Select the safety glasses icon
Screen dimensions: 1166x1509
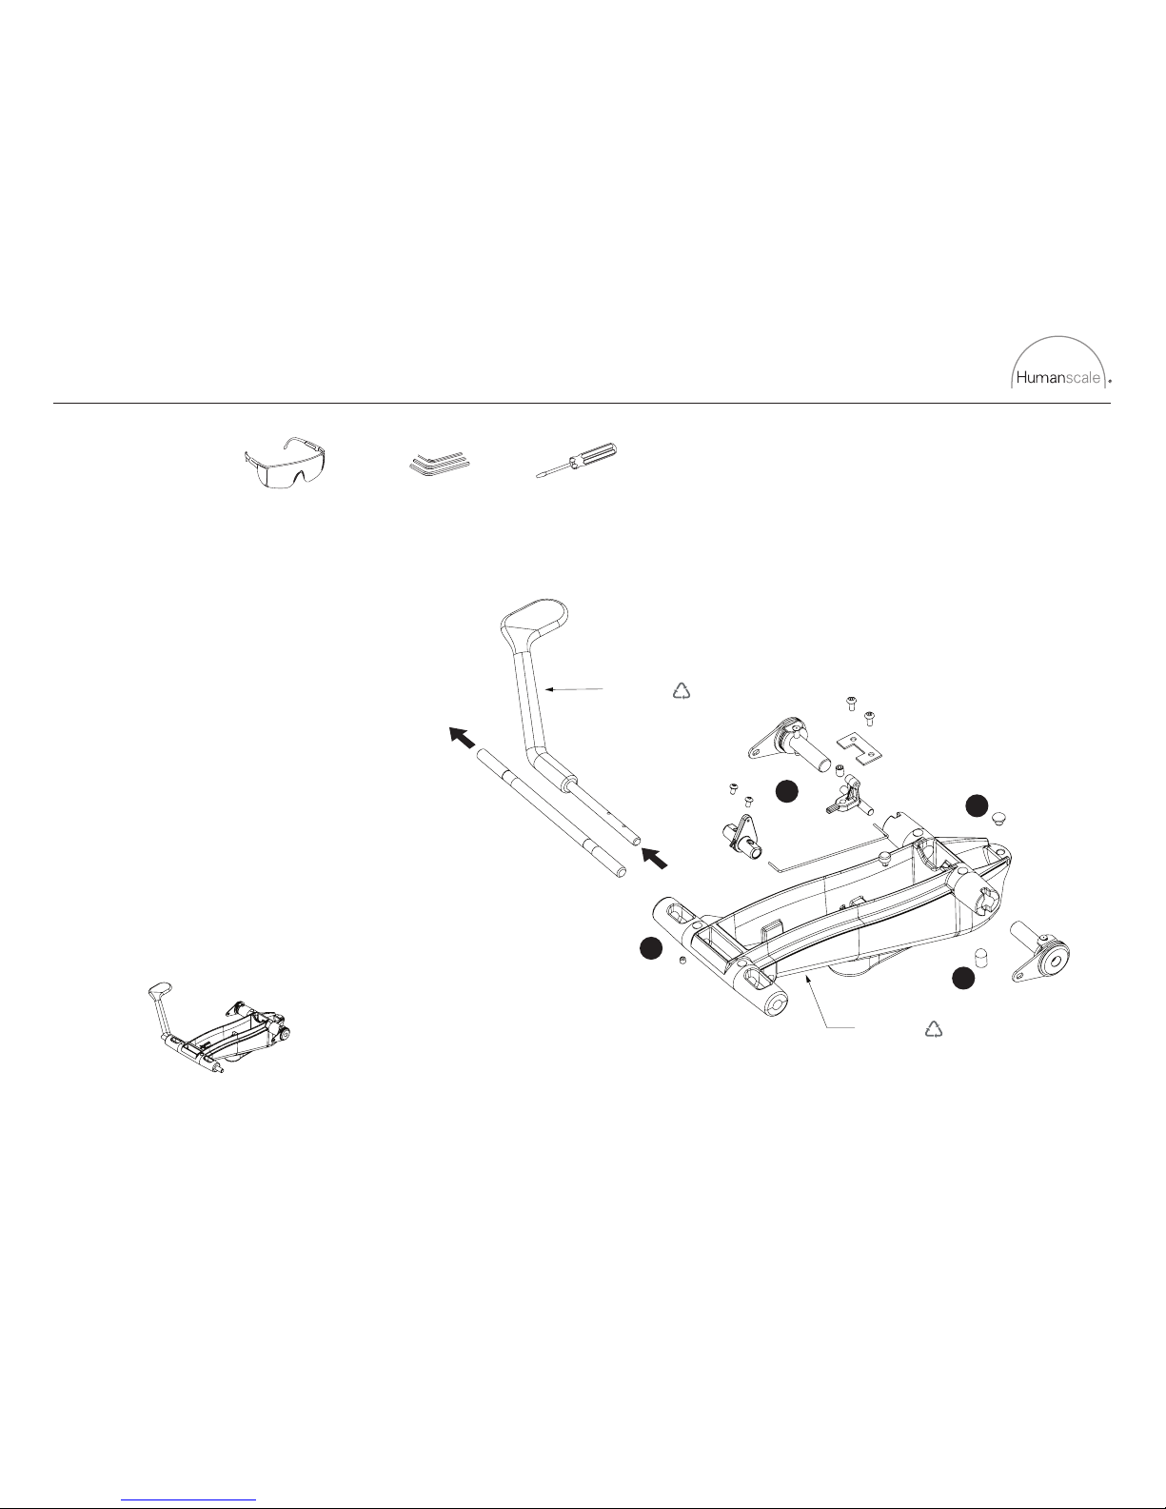click(x=286, y=464)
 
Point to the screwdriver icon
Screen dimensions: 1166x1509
click(x=577, y=460)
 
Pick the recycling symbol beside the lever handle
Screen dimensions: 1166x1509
click(x=682, y=690)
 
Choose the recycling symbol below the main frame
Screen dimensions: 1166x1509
click(x=934, y=1029)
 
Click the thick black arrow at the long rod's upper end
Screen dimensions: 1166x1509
click(x=463, y=737)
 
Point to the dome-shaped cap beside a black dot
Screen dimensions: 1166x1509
click(x=998, y=818)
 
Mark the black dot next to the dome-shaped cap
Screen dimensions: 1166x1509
click(x=978, y=804)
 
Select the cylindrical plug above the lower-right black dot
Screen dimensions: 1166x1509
click(x=980, y=956)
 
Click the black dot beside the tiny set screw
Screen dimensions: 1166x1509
click(x=650, y=948)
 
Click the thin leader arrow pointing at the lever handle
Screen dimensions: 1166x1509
click(x=573, y=689)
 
